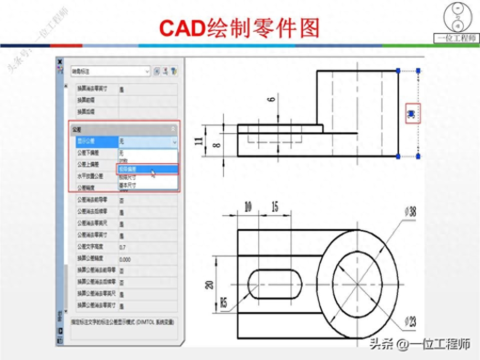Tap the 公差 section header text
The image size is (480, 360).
(77, 129)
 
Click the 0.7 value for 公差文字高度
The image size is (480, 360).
(123, 247)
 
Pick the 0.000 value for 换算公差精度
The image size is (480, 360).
(125, 259)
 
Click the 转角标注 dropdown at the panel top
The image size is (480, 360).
(110, 71)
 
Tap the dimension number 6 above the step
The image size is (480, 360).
(271, 99)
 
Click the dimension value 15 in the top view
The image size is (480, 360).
(274, 206)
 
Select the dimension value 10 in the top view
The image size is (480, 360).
(248, 206)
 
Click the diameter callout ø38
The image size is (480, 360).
(410, 212)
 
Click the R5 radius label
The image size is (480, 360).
(223, 302)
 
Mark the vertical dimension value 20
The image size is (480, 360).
(210, 285)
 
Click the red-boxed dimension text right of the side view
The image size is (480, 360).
(411, 114)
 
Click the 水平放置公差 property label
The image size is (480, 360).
(90, 176)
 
